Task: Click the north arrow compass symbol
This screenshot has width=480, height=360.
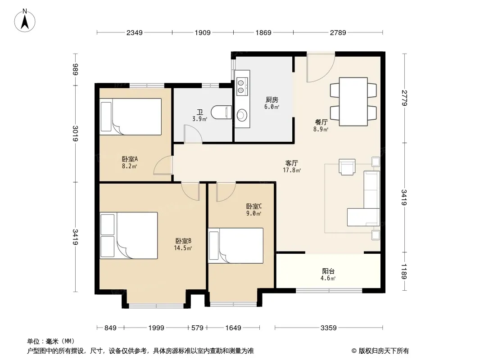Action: (x=25, y=21)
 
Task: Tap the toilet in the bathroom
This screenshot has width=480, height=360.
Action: (x=221, y=112)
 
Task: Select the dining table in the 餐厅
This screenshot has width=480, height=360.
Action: (x=353, y=102)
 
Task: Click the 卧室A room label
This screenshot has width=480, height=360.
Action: (x=130, y=159)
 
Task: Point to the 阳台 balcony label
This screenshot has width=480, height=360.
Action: (x=328, y=271)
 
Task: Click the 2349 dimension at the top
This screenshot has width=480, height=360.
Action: (x=134, y=32)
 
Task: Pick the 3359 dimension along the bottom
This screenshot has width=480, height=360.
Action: (x=328, y=328)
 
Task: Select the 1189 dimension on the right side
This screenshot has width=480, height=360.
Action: (x=404, y=271)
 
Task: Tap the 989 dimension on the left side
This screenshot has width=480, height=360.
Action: (x=76, y=69)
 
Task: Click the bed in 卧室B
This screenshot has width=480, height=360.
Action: (x=129, y=235)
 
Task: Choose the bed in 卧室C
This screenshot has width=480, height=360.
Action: (x=235, y=246)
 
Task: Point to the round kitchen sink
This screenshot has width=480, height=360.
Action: (x=242, y=115)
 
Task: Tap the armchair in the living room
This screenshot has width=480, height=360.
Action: (x=347, y=166)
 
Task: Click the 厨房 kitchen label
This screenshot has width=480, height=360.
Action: (x=272, y=100)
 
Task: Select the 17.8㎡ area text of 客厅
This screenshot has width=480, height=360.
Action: (x=292, y=170)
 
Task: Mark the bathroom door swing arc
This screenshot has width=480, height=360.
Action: (x=196, y=130)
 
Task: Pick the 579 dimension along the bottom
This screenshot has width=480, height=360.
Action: (x=197, y=328)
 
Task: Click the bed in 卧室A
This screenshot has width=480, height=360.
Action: (x=131, y=117)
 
